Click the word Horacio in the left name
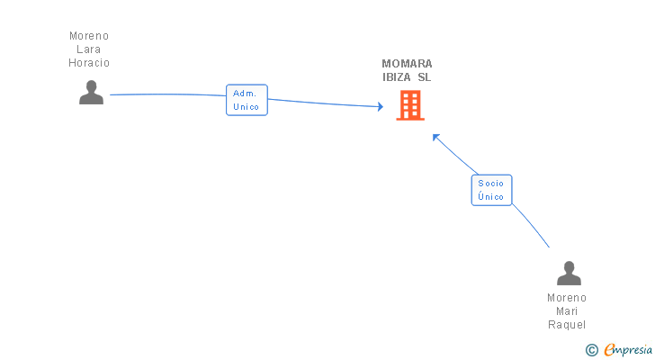(89, 63)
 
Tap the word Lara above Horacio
(88, 49)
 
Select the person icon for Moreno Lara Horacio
(91, 92)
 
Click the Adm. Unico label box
(247, 100)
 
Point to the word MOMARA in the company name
(407, 64)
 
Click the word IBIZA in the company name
(397, 77)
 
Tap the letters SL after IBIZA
(425, 77)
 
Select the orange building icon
(410, 105)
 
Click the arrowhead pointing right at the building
(381, 106)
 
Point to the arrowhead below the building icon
(435, 137)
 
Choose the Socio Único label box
(491, 190)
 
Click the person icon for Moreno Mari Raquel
(569, 273)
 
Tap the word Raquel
(567, 325)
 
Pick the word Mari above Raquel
(567, 311)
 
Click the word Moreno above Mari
(567, 298)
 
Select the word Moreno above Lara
(89, 36)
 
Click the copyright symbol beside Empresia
(591, 350)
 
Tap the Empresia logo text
(628, 350)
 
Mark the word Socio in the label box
(491, 184)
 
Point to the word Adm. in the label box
(245, 94)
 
